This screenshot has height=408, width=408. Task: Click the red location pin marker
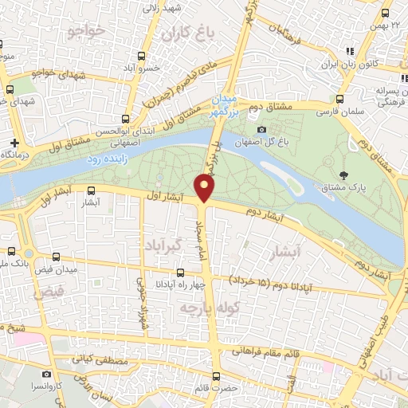click(206, 188)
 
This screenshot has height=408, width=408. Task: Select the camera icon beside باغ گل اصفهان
click(261, 129)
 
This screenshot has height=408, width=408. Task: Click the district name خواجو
click(87, 32)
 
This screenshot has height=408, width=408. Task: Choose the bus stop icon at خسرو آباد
click(142, 56)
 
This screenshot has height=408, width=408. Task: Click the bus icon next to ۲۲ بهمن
click(386, 13)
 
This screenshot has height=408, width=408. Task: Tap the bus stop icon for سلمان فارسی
click(340, 100)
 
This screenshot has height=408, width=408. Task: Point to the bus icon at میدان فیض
click(56, 257)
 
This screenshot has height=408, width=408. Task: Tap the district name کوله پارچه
click(199, 307)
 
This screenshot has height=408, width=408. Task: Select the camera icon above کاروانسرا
click(46, 374)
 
